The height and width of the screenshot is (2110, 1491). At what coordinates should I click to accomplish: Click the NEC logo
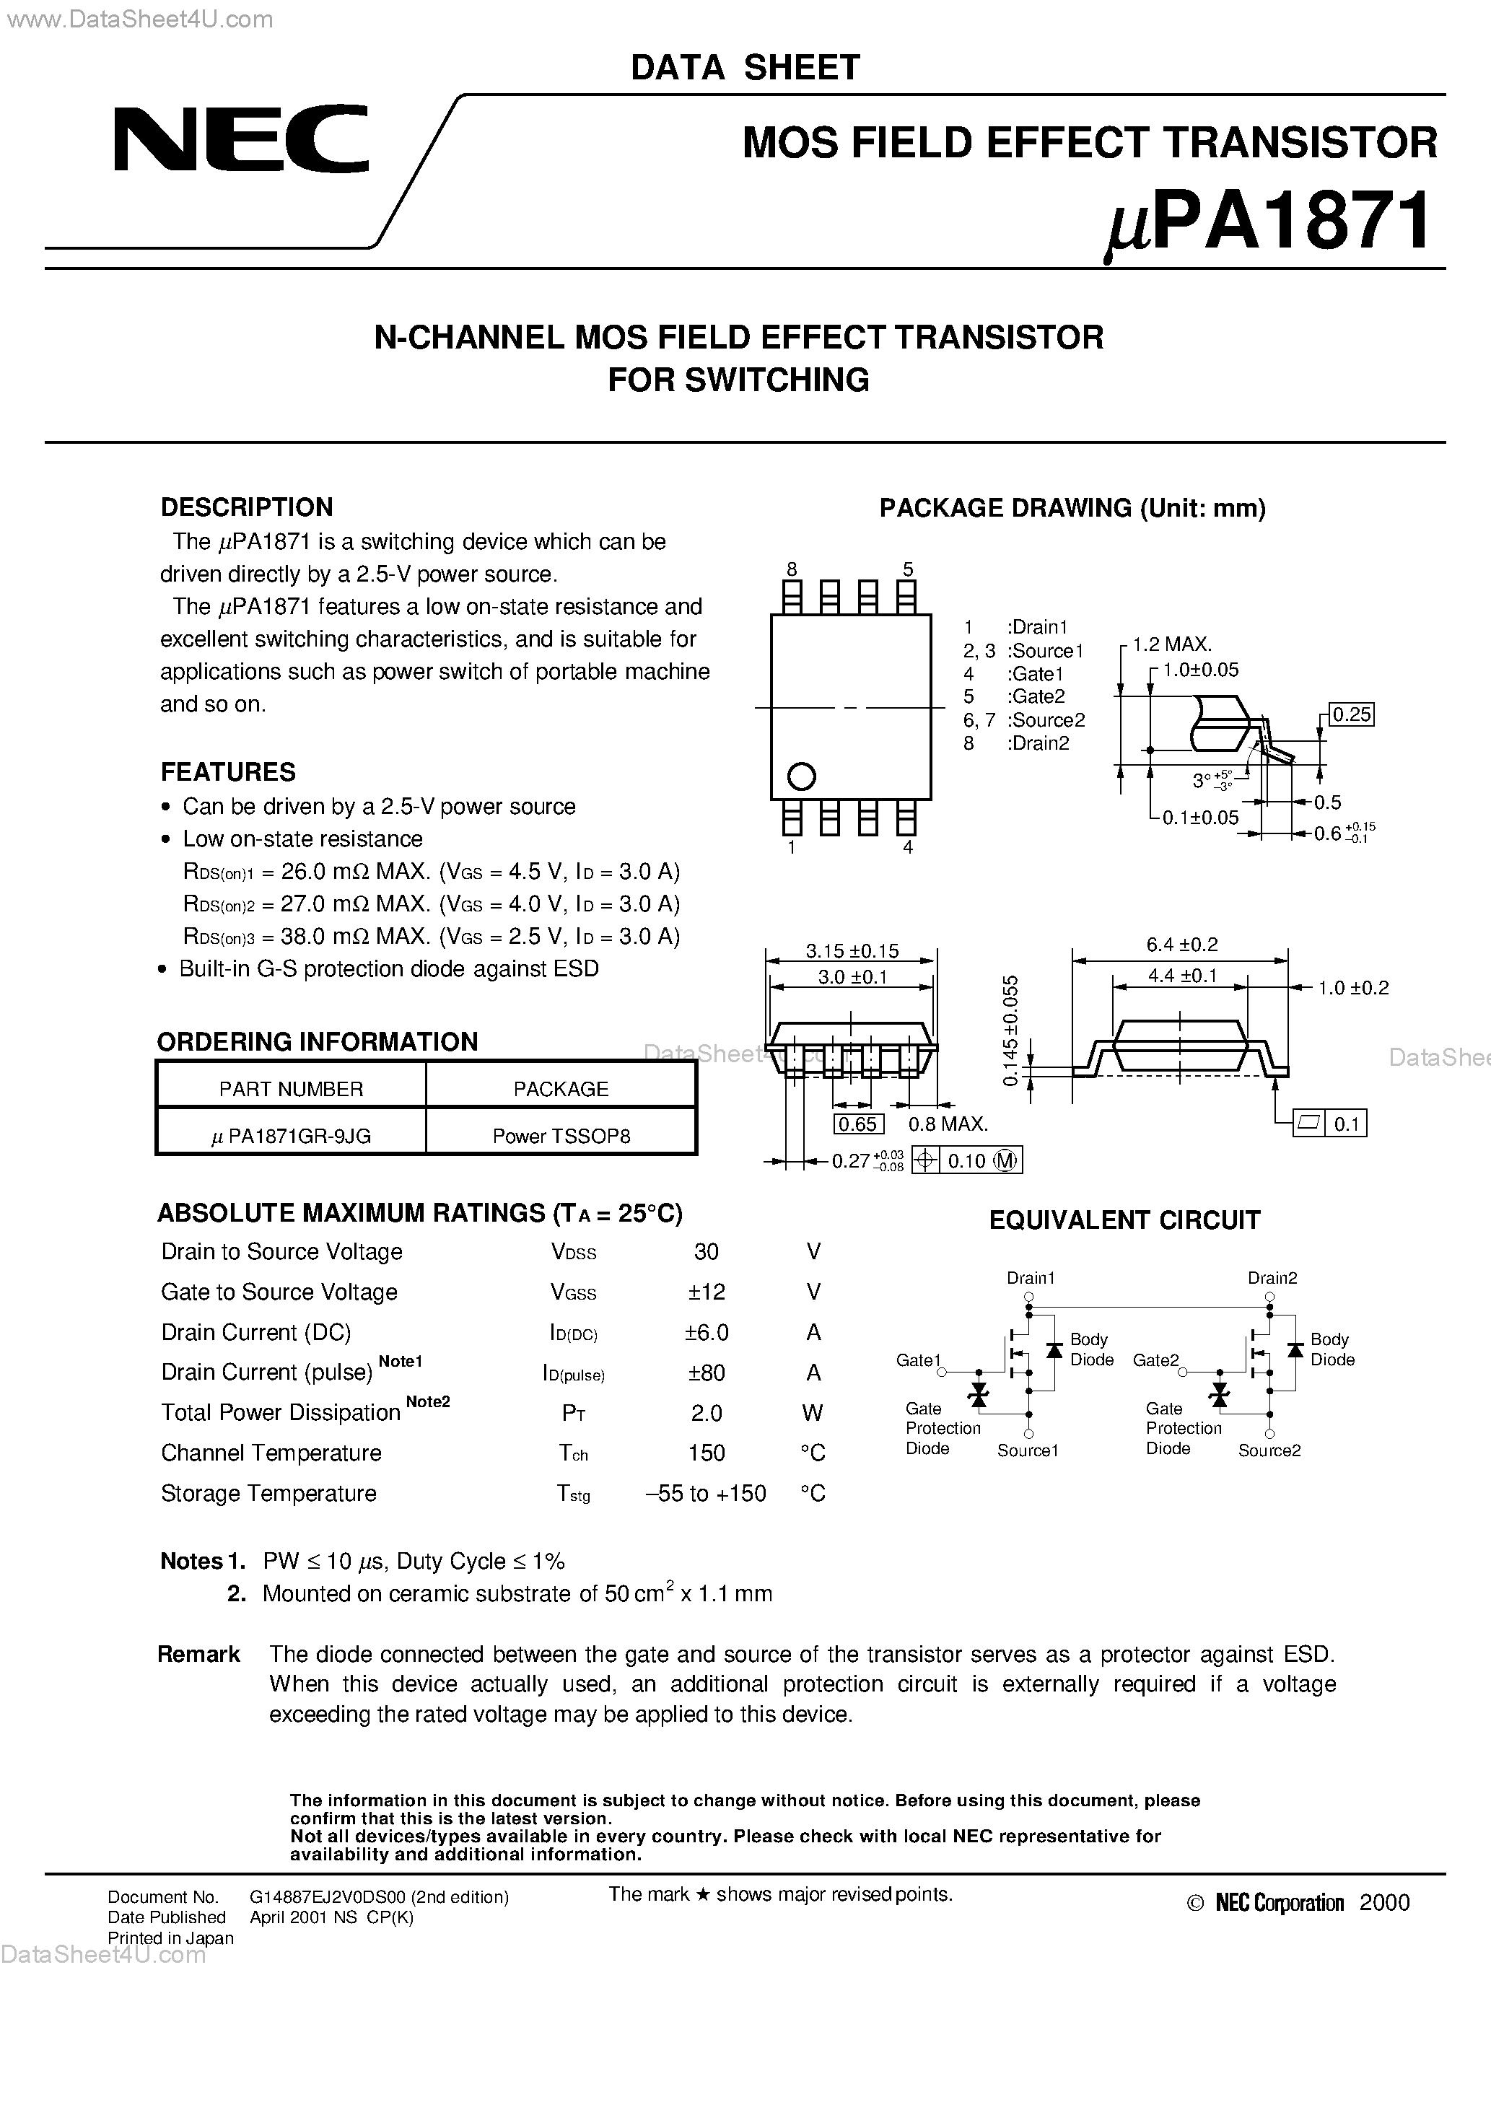(x=241, y=140)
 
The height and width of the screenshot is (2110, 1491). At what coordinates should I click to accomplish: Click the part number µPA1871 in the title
(x=1267, y=222)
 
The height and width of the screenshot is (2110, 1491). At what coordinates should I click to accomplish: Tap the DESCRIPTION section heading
(x=246, y=507)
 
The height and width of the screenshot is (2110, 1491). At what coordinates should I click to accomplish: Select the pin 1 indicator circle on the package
(x=802, y=776)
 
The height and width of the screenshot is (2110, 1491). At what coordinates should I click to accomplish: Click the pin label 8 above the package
(x=792, y=569)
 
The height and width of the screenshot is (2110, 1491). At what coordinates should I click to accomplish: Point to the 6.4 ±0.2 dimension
(x=1181, y=945)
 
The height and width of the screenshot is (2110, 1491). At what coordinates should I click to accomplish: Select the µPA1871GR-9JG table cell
(x=291, y=1136)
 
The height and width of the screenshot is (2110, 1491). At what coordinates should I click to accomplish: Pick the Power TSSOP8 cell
(x=561, y=1136)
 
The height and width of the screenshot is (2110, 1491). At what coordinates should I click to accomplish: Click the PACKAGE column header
(x=561, y=1089)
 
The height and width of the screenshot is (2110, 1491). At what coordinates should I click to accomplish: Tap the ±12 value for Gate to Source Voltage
(x=706, y=1292)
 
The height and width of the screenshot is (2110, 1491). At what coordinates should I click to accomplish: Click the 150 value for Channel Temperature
(x=706, y=1453)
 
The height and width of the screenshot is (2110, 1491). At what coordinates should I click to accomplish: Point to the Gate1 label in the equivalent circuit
(x=918, y=1360)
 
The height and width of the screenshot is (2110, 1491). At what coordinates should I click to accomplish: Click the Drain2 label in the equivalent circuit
(x=1272, y=1278)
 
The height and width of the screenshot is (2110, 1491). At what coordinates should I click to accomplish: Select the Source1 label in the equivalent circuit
(x=1028, y=1451)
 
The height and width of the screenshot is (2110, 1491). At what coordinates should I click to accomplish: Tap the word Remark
(x=198, y=1654)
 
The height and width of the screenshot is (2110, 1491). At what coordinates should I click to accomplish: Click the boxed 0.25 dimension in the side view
(x=1351, y=715)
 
